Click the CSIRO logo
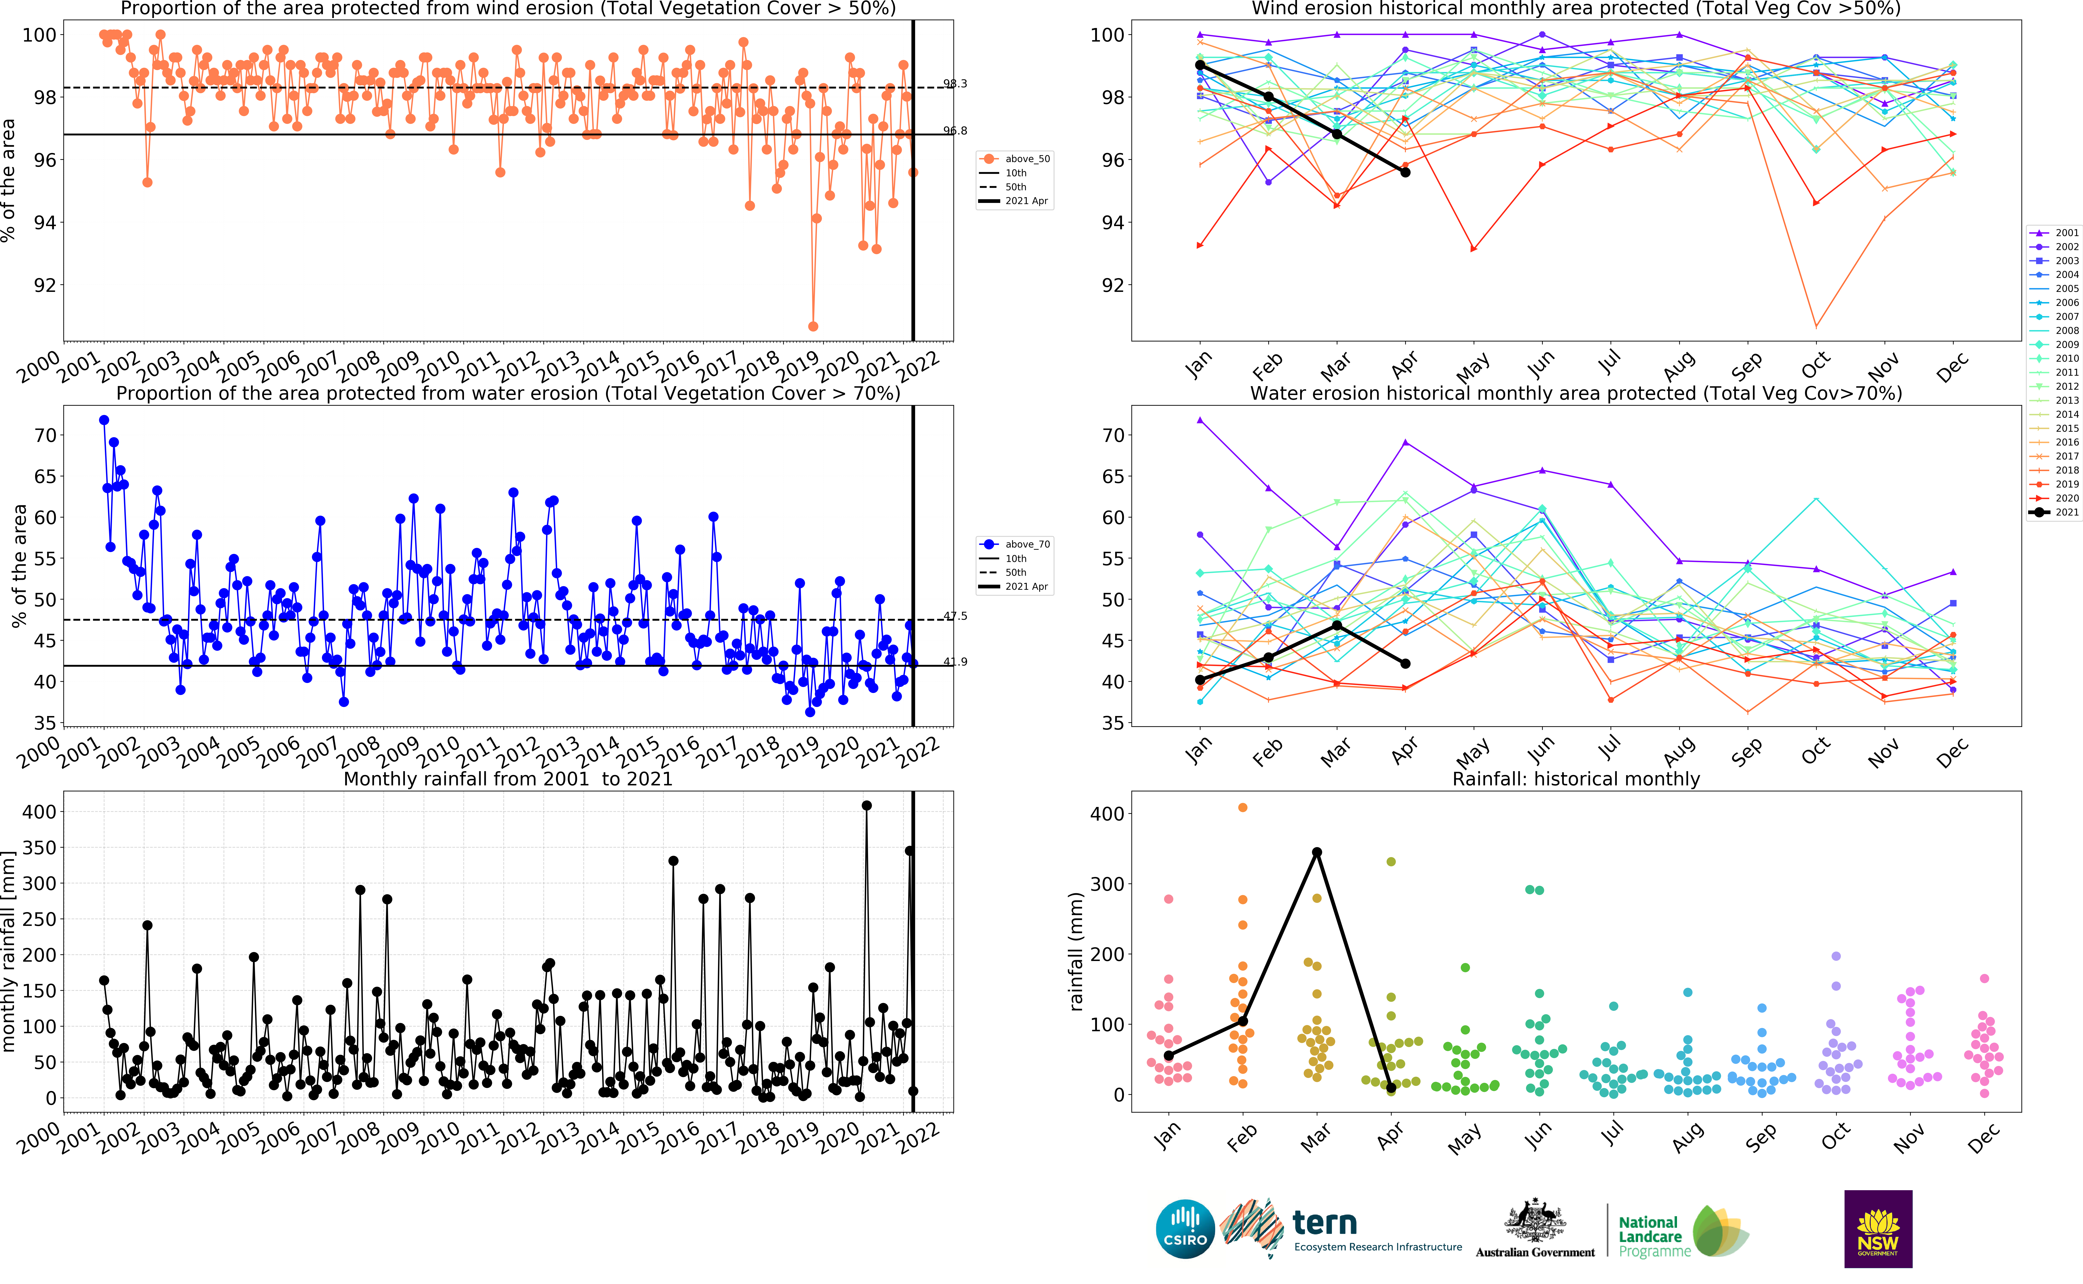click(x=1185, y=1229)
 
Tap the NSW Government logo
click(x=1878, y=1229)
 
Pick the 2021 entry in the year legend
click(x=2054, y=512)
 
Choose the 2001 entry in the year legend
click(x=2054, y=233)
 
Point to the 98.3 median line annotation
click(x=955, y=83)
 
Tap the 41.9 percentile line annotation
click(x=955, y=662)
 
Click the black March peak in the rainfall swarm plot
click(x=1317, y=852)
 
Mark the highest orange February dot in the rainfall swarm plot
click(x=1243, y=808)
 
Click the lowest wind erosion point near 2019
click(x=813, y=326)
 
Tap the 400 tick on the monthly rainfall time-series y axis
click(x=39, y=812)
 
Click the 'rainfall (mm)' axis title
click(x=1076, y=951)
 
